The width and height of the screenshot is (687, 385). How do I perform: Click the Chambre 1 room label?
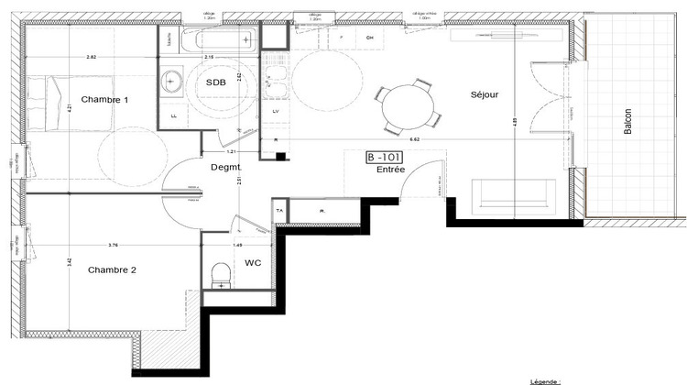pyautogui.click(x=104, y=99)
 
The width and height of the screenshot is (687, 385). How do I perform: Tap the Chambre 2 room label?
pyautogui.click(x=112, y=269)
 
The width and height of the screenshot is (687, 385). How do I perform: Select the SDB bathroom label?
pyautogui.click(x=215, y=82)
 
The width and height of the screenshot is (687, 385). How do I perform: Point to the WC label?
pyautogui.click(x=254, y=263)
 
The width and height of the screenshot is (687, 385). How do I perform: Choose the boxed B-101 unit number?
pyautogui.click(x=384, y=157)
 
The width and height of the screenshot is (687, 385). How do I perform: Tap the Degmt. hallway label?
pyautogui.click(x=225, y=166)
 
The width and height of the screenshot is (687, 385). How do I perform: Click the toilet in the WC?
pyautogui.click(x=220, y=273)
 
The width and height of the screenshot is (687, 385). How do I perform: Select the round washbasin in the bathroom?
pyautogui.click(x=172, y=82)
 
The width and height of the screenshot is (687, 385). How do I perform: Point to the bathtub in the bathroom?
pyautogui.click(x=218, y=39)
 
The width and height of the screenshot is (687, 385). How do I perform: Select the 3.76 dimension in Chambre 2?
pyautogui.click(x=113, y=245)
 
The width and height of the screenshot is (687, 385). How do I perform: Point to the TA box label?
pyautogui.click(x=279, y=211)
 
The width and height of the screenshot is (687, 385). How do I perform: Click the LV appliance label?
pyautogui.click(x=277, y=110)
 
